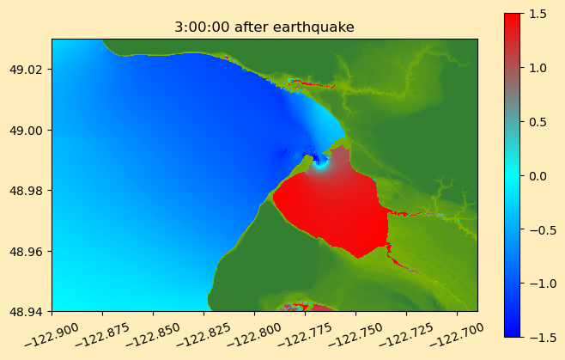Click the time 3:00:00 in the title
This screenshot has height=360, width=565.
coord(202,27)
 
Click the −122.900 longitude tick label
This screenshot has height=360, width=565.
coord(52,335)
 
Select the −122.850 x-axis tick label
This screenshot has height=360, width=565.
coord(153,335)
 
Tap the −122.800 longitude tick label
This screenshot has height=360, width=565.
coord(254,335)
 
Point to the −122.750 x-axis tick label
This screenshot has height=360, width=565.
coord(355,335)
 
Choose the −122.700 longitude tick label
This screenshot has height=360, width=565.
coord(457,335)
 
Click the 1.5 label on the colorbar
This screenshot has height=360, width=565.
coord(538,14)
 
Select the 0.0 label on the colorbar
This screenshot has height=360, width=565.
coord(538,176)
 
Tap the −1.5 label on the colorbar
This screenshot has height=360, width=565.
coord(538,338)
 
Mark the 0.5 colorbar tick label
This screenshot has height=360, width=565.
coord(538,122)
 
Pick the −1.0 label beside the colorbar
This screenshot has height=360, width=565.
coord(538,284)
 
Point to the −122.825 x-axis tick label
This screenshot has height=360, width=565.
coord(204,335)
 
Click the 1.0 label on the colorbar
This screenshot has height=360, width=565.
coord(538,68)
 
